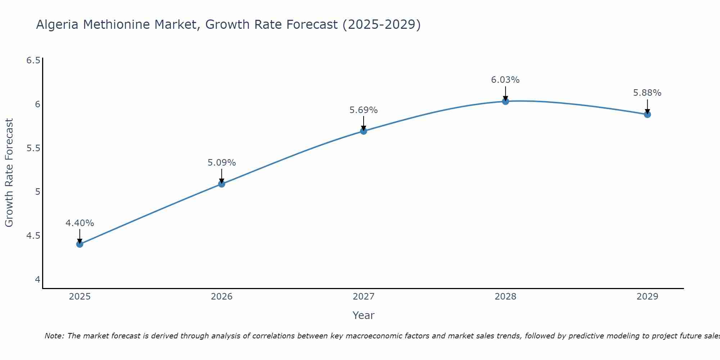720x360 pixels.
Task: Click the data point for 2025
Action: click(x=80, y=244)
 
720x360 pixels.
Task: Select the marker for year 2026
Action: click(x=221, y=184)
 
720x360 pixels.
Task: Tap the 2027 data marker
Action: click(x=363, y=131)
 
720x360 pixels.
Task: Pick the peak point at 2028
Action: click(x=505, y=101)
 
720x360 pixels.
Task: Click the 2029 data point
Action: click(x=647, y=114)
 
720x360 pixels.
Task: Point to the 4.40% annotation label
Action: click(x=80, y=223)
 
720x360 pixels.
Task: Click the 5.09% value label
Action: click(x=221, y=163)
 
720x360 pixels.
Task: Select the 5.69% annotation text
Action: click(x=363, y=110)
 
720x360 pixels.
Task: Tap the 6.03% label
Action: click(x=505, y=80)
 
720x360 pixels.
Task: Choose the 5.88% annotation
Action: click(x=647, y=93)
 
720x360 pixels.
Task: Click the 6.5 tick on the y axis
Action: click(x=33, y=60)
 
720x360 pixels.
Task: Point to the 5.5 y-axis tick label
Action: click(x=33, y=148)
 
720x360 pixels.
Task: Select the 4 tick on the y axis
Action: click(x=37, y=280)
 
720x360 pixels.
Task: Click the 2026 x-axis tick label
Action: click(x=221, y=297)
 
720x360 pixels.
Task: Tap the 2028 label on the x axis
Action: click(x=505, y=297)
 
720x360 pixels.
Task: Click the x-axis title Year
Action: click(x=363, y=315)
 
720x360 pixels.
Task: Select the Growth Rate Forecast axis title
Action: click(x=9, y=173)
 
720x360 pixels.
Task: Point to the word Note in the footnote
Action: click(x=54, y=336)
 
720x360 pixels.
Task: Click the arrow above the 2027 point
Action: click(x=363, y=123)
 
